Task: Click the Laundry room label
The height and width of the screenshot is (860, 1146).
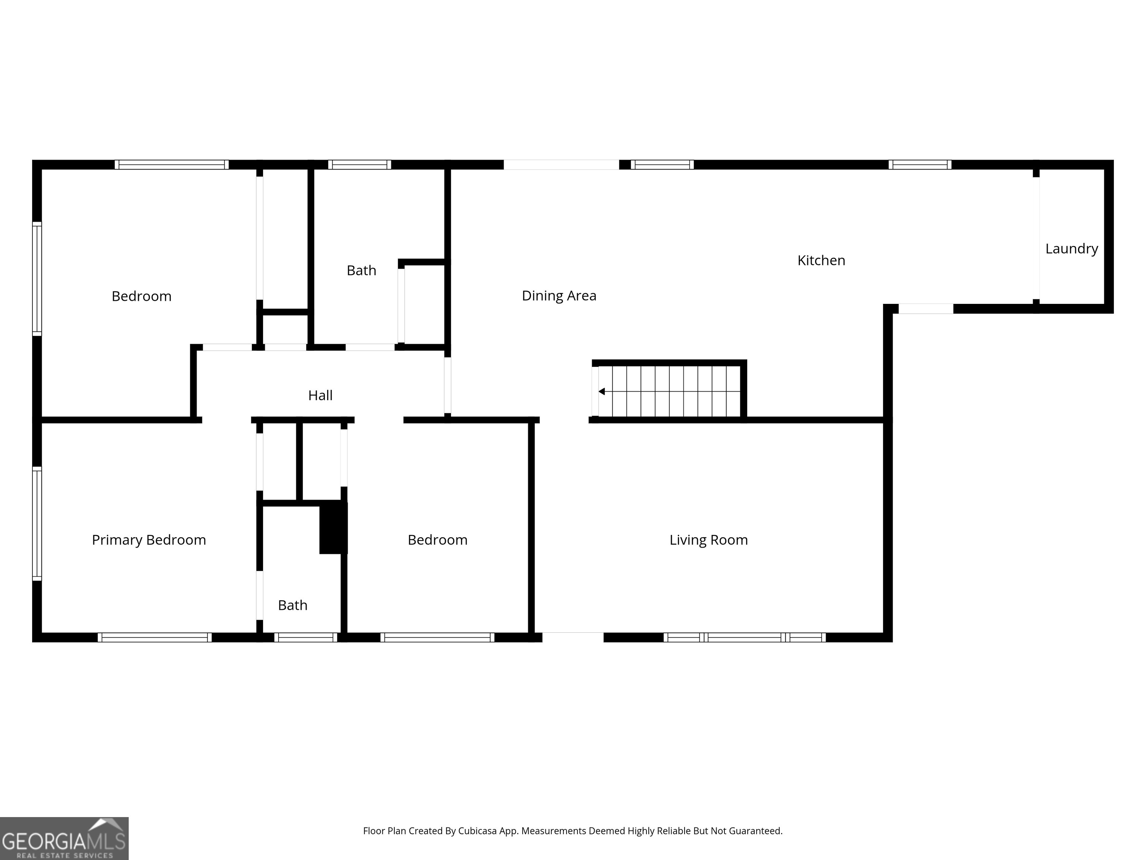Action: [1071, 249]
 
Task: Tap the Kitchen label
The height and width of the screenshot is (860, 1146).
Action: [821, 260]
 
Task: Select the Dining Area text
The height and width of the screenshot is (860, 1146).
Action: [559, 296]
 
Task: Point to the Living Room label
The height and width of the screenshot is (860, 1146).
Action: [708, 540]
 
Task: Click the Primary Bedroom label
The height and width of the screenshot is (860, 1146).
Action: [149, 540]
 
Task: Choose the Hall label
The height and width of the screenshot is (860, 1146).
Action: [320, 396]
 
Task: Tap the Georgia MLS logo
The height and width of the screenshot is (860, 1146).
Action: [64, 838]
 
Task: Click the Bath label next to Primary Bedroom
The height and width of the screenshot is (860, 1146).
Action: [293, 605]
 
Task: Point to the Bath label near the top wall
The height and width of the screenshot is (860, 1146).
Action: [361, 271]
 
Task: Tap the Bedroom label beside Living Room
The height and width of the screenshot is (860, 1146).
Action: [437, 540]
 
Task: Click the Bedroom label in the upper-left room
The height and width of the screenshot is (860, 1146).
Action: [141, 296]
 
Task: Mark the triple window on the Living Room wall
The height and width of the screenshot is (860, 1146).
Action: [745, 638]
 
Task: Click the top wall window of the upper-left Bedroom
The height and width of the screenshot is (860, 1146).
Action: [172, 165]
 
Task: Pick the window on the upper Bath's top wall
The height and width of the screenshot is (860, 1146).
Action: [360, 165]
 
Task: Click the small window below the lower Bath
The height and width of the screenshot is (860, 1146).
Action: [306, 638]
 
